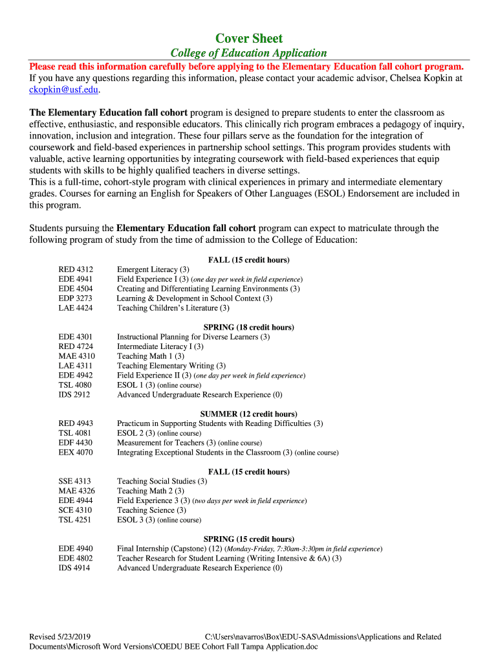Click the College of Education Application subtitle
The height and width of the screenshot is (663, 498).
pyautogui.click(x=248, y=53)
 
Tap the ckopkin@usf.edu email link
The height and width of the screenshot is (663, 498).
pyautogui.click(x=64, y=89)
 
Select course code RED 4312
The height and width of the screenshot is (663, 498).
pyautogui.click(x=76, y=269)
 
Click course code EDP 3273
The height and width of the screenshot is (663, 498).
pyautogui.click(x=76, y=298)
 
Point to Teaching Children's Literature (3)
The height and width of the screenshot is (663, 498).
pyautogui.click(x=173, y=308)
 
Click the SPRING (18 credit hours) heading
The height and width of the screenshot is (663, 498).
pyautogui.click(x=248, y=327)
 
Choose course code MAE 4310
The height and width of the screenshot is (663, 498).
pyautogui.click(x=76, y=356)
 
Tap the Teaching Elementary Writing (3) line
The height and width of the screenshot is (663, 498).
pyautogui.click(x=171, y=366)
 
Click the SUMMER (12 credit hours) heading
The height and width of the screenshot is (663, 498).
pyautogui.click(x=248, y=414)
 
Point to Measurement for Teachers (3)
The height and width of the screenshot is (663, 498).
pyautogui.click(x=166, y=443)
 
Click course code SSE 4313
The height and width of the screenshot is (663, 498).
pyautogui.click(x=74, y=481)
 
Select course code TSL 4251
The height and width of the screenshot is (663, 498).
pyautogui.click(x=75, y=520)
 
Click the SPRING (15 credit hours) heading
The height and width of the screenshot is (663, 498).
pyautogui.click(x=248, y=539)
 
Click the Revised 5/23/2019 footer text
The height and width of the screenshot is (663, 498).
pyautogui.click(x=61, y=637)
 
